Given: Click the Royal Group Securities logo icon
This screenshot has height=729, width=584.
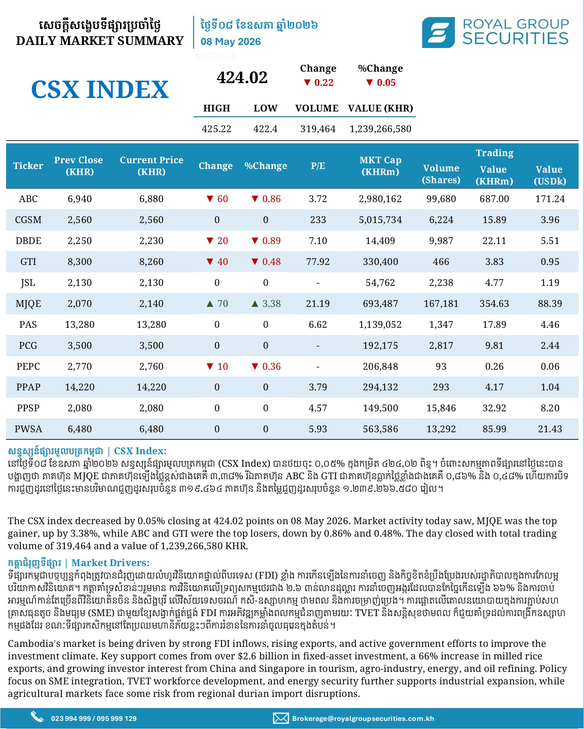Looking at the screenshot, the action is click(438, 32).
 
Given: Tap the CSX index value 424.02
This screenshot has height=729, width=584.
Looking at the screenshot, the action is click(242, 77).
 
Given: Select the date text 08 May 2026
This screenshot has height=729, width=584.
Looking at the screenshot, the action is click(230, 42).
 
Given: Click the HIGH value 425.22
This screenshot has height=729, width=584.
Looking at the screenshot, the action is click(216, 129).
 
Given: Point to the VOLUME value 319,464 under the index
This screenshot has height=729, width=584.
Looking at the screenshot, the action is click(318, 129).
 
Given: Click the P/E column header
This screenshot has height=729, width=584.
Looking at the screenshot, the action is click(318, 166).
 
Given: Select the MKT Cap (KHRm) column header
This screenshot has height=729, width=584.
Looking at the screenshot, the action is click(380, 166).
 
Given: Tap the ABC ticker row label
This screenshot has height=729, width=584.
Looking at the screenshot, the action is click(28, 199).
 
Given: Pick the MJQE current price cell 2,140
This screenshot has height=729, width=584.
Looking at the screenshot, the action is click(151, 303).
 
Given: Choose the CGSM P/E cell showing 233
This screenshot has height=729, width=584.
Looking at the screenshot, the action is click(318, 220).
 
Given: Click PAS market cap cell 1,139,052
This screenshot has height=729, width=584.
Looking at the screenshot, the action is click(380, 324).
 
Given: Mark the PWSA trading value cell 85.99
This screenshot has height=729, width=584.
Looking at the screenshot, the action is click(494, 429).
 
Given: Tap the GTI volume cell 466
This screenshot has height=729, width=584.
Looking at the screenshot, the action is click(441, 262).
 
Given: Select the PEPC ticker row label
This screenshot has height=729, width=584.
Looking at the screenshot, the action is click(28, 367).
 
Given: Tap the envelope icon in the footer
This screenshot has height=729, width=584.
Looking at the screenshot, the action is click(281, 718).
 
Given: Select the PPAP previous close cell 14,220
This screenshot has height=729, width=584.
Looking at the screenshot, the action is click(79, 387).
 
